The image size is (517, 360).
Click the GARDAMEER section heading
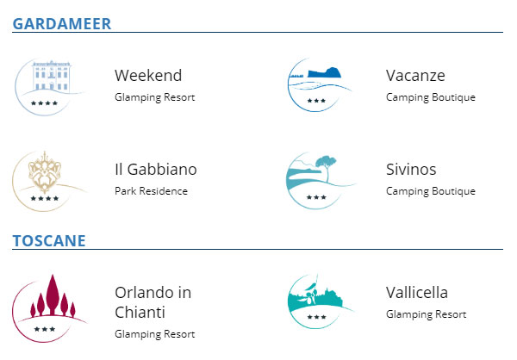pyautogui.click(x=62, y=23)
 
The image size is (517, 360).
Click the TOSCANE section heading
pyautogui.click(x=49, y=240)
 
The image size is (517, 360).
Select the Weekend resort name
pyautogui.click(x=148, y=76)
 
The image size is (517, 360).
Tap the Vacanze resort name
pyautogui.click(x=415, y=76)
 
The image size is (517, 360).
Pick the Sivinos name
pyautogui.click(x=411, y=170)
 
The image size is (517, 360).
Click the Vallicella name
pyautogui.click(x=417, y=293)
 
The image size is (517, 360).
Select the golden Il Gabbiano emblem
pyautogui.click(x=47, y=180)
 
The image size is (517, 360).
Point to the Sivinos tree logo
pyautogui.click(x=319, y=180)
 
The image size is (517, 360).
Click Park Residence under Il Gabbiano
pyautogui.click(x=151, y=191)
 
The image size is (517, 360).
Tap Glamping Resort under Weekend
pyautogui.click(x=155, y=97)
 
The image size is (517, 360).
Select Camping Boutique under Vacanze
pyautogui.click(x=431, y=97)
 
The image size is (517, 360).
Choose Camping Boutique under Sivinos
pyautogui.click(x=431, y=191)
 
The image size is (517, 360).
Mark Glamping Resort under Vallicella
pyautogui.click(x=427, y=314)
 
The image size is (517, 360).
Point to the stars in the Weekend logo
pyautogui.click(x=45, y=103)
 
